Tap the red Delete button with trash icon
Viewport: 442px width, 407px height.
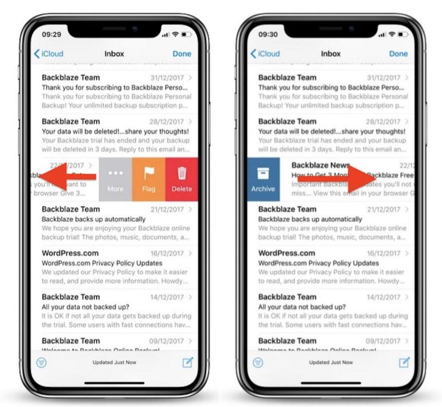tap(182, 179)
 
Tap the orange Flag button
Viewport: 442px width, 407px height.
tap(148, 179)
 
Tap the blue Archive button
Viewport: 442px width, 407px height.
tap(263, 179)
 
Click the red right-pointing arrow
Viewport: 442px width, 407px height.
tap(337, 178)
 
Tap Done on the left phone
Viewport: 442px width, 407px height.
tap(182, 54)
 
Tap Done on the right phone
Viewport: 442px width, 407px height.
tap(398, 54)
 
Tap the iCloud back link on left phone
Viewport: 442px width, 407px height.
tap(49, 54)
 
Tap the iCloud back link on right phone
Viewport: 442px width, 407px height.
tap(265, 54)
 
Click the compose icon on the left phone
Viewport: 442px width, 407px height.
tap(187, 362)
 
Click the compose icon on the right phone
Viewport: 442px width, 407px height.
tap(404, 362)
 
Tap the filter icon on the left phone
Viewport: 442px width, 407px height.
tap(41, 363)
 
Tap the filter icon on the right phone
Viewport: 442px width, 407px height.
tap(258, 363)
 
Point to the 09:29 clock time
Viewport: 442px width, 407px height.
tap(51, 34)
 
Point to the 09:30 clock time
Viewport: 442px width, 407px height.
tap(268, 34)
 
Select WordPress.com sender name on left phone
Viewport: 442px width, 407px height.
tap(70, 253)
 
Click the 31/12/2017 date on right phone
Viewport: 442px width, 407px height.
tap(383, 78)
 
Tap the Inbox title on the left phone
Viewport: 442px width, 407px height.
tap(114, 54)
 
